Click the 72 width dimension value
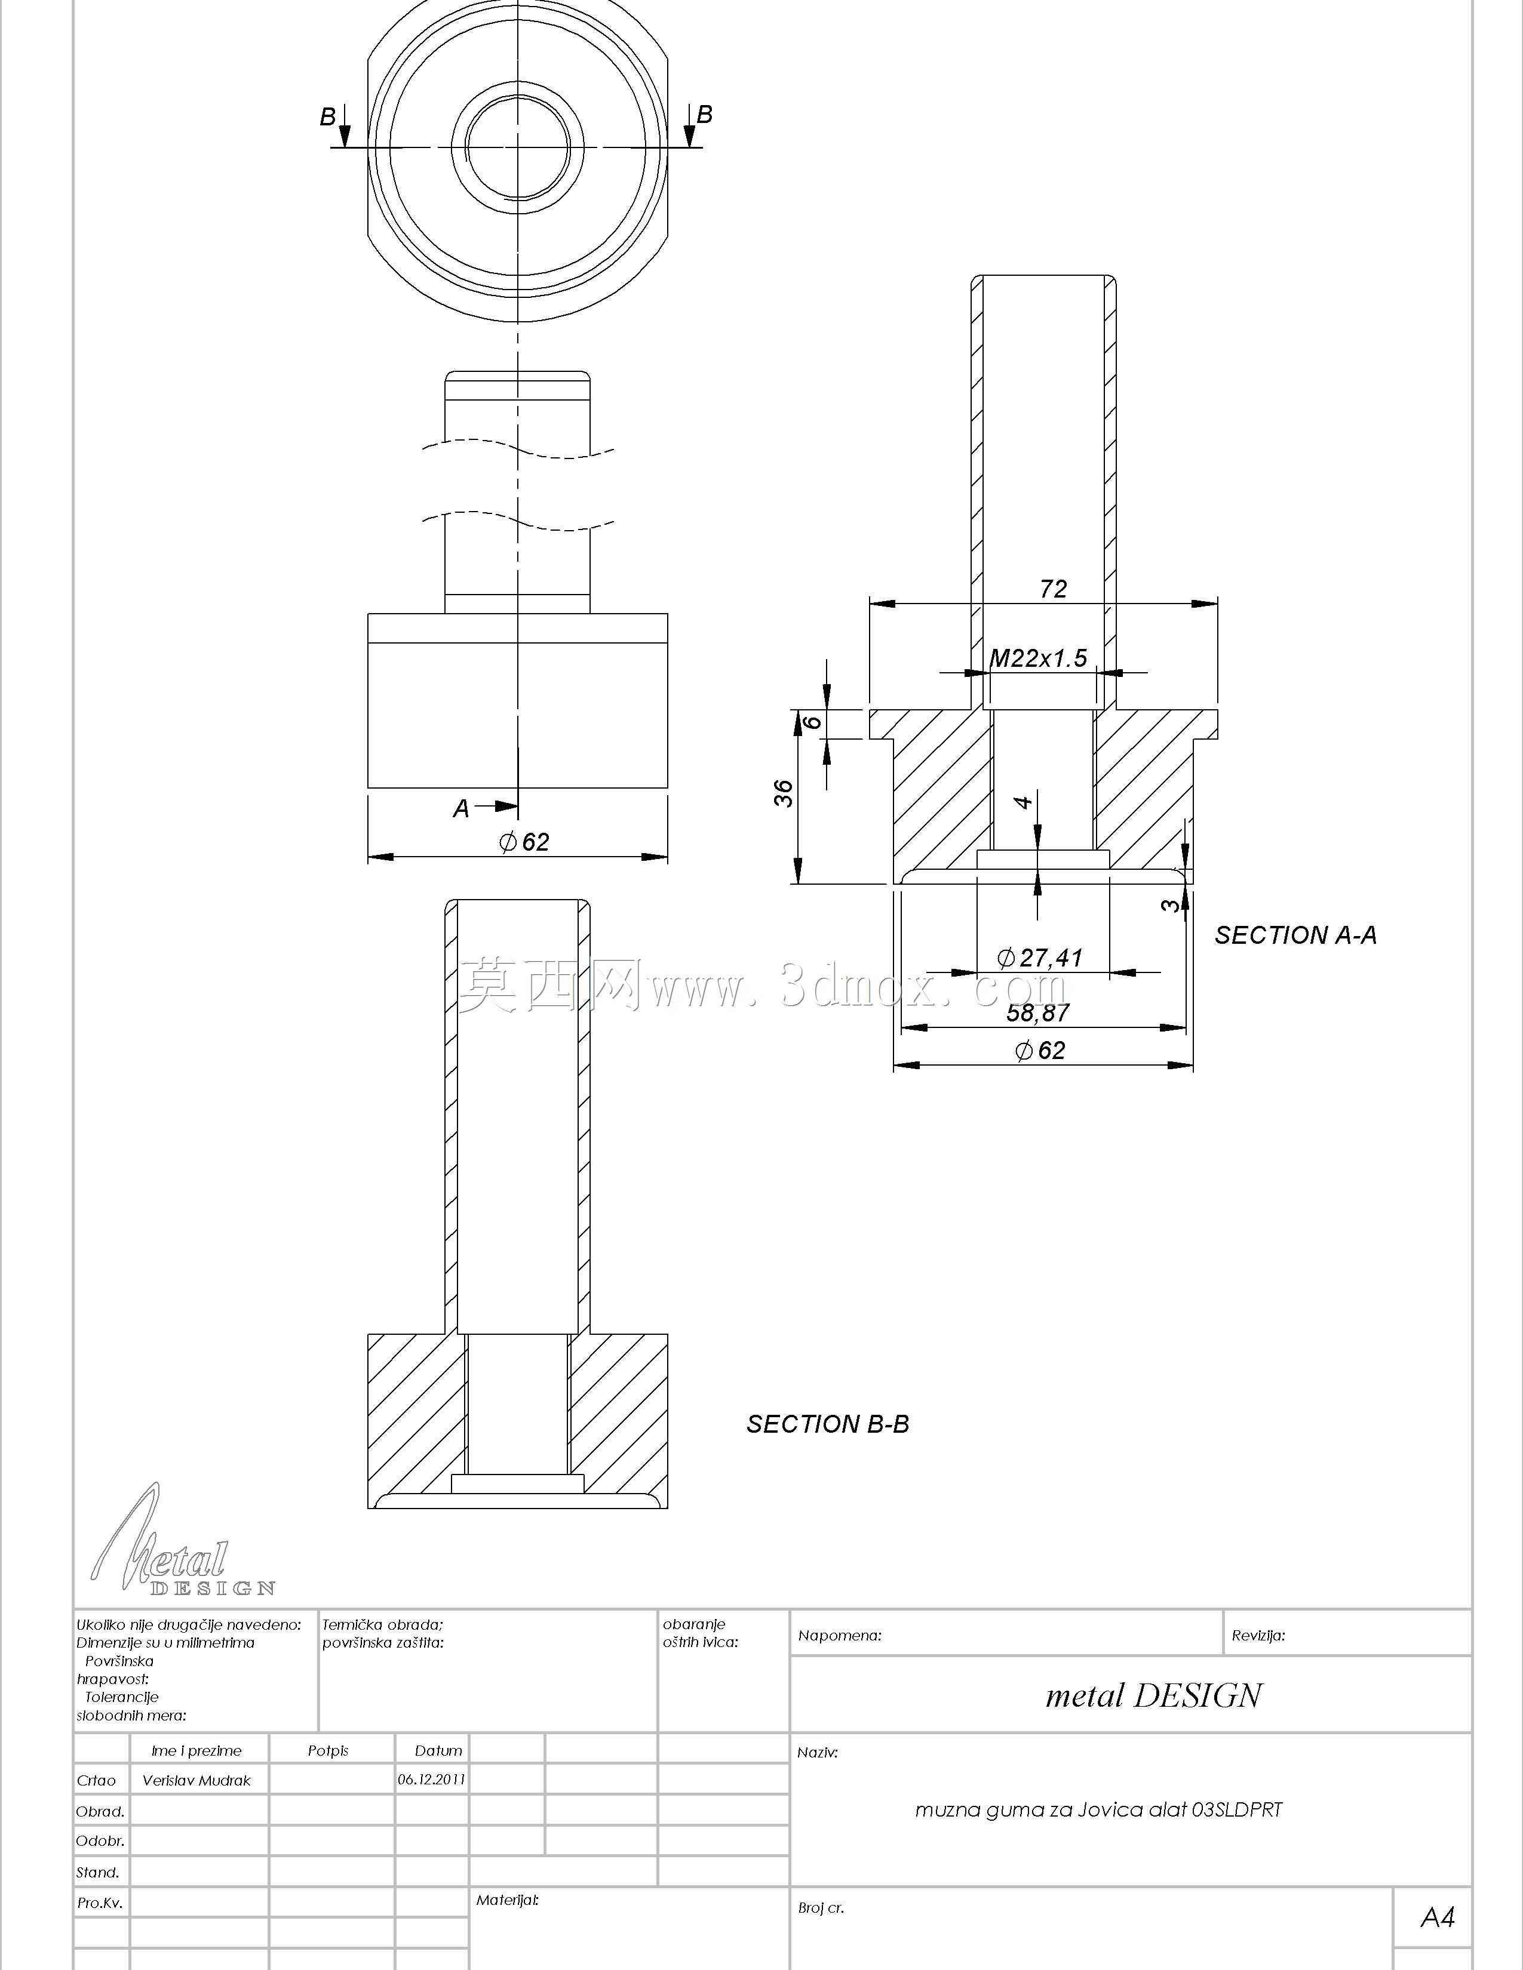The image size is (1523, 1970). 1053,589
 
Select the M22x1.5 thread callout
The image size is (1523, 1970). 1039,658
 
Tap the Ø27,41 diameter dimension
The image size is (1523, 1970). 1039,957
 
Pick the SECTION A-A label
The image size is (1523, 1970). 1295,935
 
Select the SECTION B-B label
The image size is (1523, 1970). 827,1424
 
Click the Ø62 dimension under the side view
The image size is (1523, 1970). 524,842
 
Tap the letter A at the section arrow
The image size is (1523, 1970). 461,809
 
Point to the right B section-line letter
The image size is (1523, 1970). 705,115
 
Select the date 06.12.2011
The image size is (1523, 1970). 431,1780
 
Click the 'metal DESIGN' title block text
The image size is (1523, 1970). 1153,1696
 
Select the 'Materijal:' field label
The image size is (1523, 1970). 507,1900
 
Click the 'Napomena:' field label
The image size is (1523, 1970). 840,1635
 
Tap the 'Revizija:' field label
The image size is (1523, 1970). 1258,1635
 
